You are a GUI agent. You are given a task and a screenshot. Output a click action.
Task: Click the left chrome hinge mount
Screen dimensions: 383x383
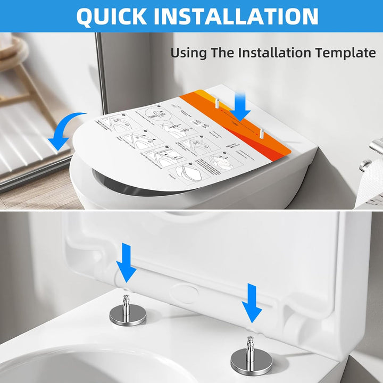coord(128,312)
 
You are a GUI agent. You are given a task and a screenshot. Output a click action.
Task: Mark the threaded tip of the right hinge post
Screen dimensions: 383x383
coord(251,341)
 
